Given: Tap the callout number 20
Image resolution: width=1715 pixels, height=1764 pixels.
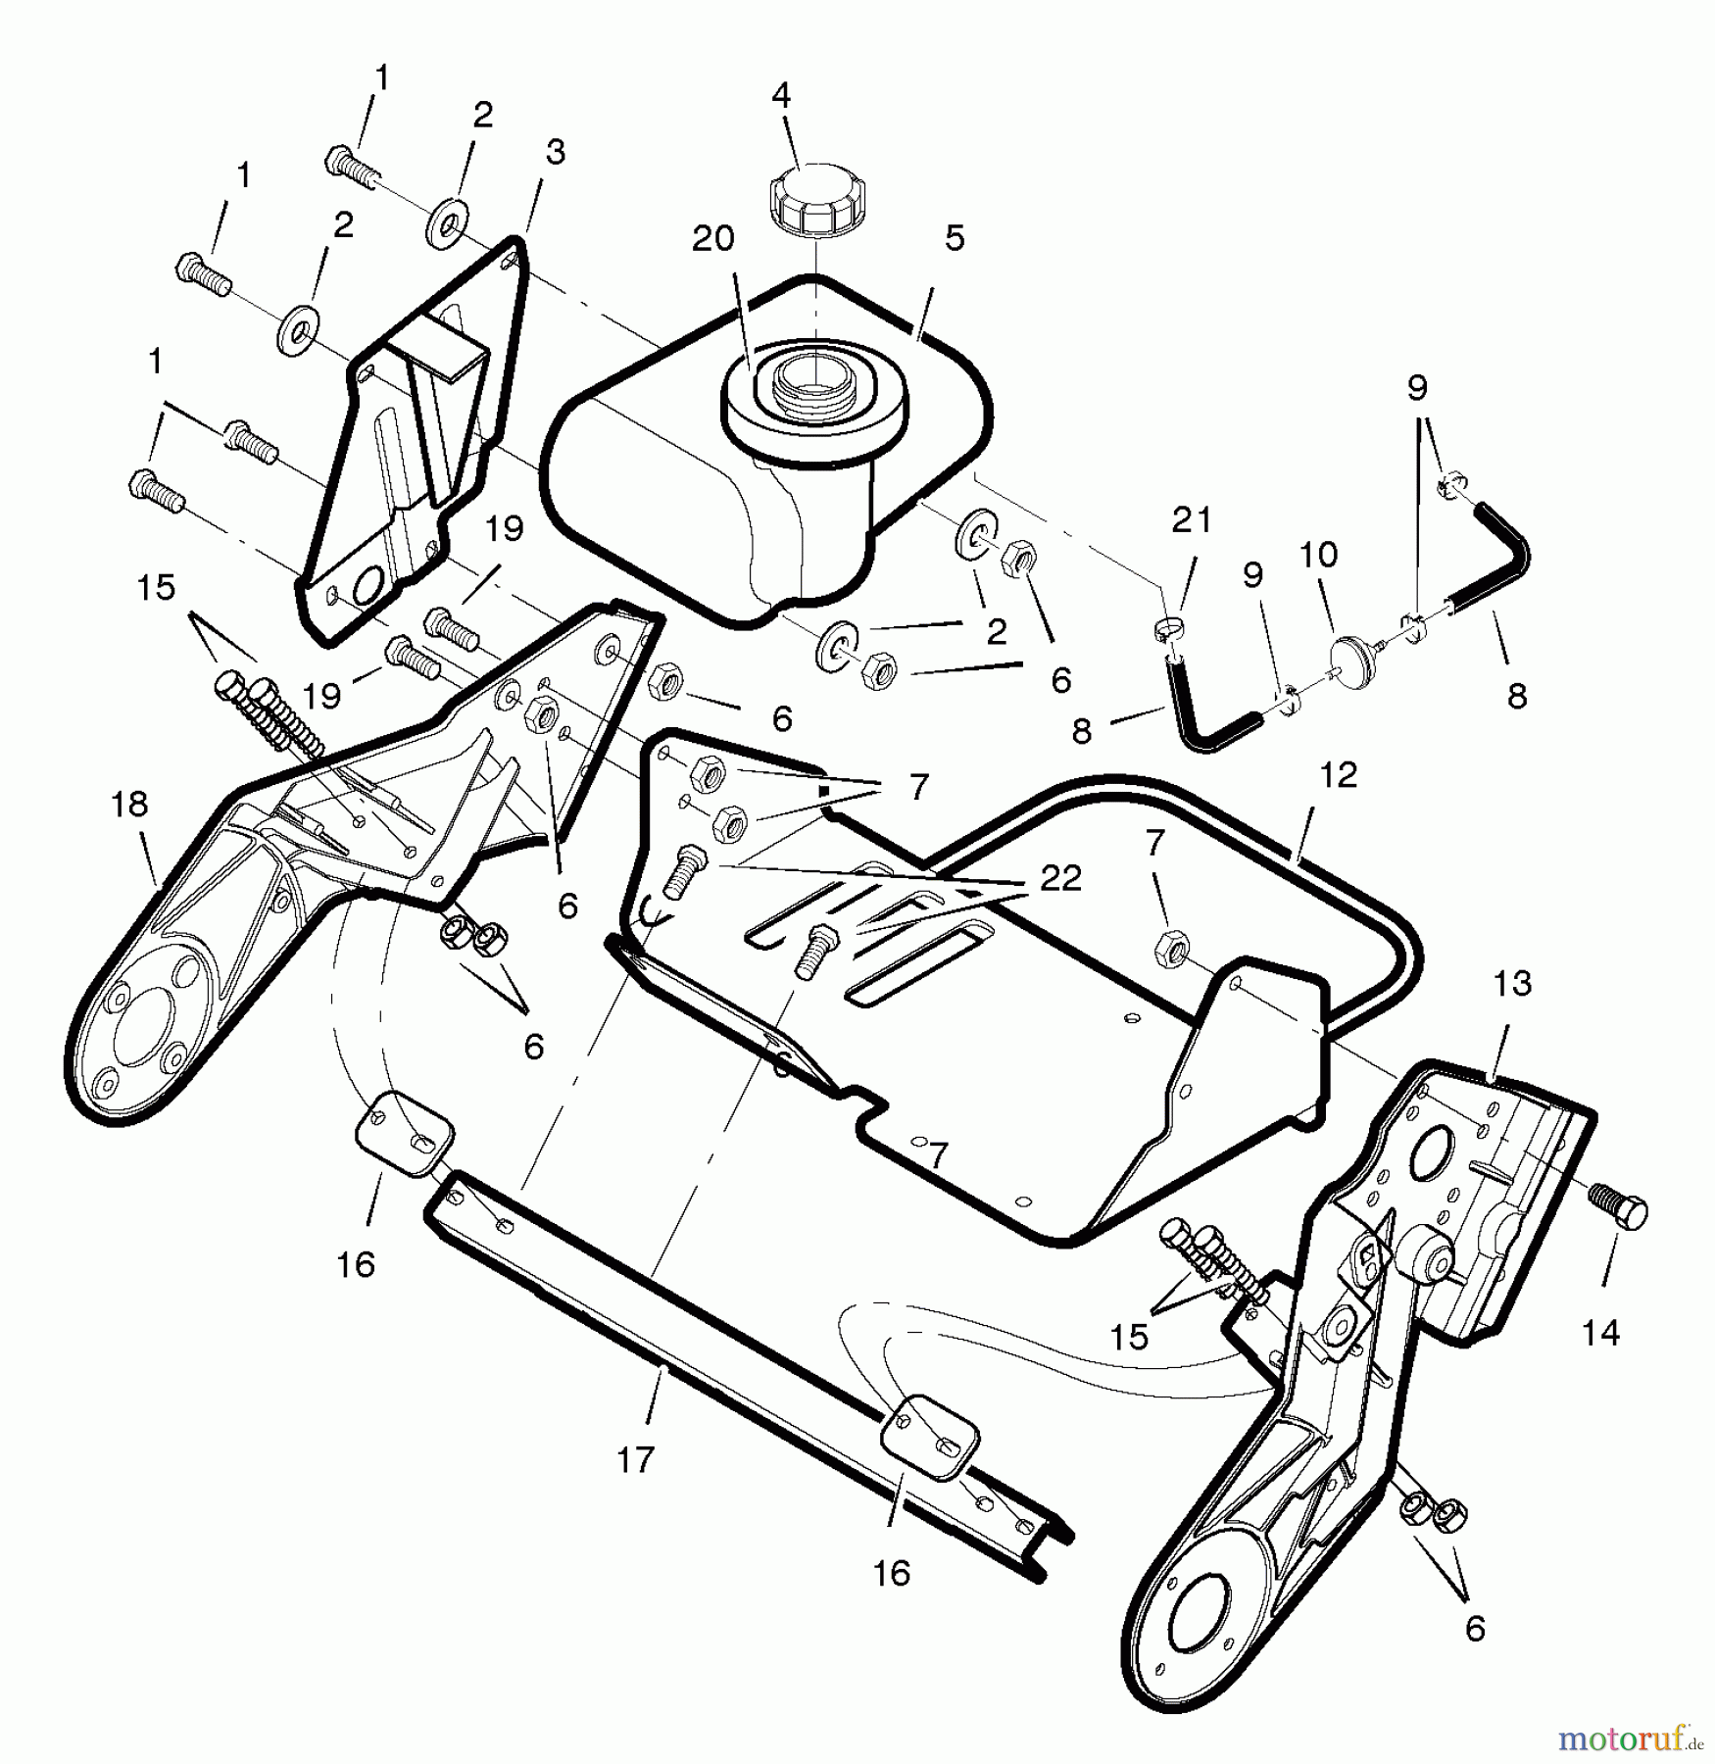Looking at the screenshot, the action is click(x=712, y=239).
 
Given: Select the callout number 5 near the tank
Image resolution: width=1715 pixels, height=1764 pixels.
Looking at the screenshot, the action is click(x=955, y=238).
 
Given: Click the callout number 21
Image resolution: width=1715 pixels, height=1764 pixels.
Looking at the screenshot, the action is click(x=1192, y=519).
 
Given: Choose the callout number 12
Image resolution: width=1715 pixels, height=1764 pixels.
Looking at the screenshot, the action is click(x=1339, y=775).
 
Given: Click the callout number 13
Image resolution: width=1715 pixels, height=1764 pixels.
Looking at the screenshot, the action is click(x=1511, y=983).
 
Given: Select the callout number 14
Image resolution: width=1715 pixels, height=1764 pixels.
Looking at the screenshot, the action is click(x=1600, y=1332).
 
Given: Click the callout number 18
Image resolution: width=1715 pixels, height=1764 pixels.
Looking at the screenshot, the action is click(x=129, y=804).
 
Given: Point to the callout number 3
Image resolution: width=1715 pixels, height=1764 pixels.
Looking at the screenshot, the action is click(x=556, y=152).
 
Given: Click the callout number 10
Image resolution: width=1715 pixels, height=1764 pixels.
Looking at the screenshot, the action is click(x=1318, y=555).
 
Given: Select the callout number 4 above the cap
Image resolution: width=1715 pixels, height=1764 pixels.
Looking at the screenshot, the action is click(x=781, y=95).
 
